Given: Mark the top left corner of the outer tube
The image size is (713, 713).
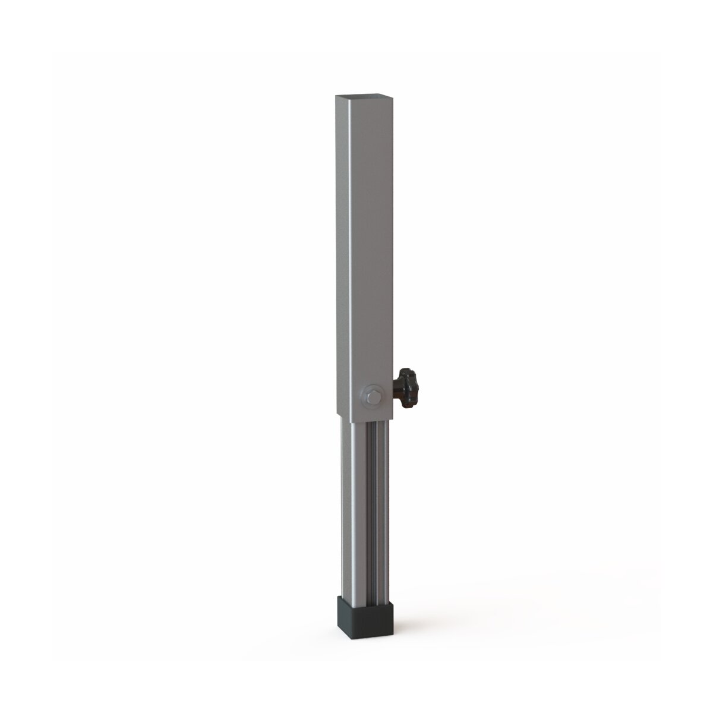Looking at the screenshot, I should [336, 95].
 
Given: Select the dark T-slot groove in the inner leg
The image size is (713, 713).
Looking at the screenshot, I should [373, 505].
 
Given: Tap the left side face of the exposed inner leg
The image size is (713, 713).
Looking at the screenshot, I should [346, 505].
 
